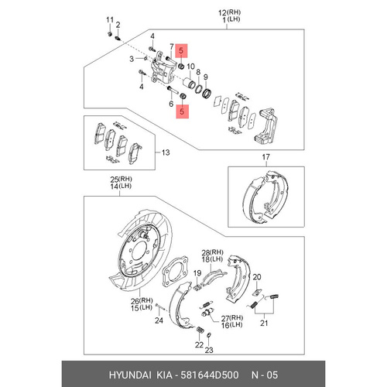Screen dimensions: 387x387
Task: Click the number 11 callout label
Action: pos(110,20)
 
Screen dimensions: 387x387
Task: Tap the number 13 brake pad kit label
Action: pos(166,152)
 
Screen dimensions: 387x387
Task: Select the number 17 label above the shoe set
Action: pos(265,157)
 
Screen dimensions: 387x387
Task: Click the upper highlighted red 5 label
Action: pos(181,50)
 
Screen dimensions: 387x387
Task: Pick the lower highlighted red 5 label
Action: pos(182,111)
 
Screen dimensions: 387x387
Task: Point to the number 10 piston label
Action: pos(190,67)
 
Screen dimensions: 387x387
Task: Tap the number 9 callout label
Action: pos(205,77)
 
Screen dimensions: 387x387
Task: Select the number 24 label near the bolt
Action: pos(159,320)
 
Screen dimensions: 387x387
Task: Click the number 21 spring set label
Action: pos(264,323)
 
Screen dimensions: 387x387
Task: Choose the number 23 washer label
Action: pos(209,350)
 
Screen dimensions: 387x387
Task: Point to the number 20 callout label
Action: pos(257,277)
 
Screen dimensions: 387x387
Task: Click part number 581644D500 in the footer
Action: pos(210,375)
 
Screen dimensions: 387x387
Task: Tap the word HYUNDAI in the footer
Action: pos(130,375)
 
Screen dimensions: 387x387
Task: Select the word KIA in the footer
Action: pos(164,375)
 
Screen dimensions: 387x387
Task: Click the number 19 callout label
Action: pos(197,273)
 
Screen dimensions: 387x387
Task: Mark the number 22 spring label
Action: pos(199,344)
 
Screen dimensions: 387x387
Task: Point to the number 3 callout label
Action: pos(132,59)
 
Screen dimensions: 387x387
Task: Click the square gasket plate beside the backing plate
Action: pos(175,272)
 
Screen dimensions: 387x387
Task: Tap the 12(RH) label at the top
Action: pos(229,12)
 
